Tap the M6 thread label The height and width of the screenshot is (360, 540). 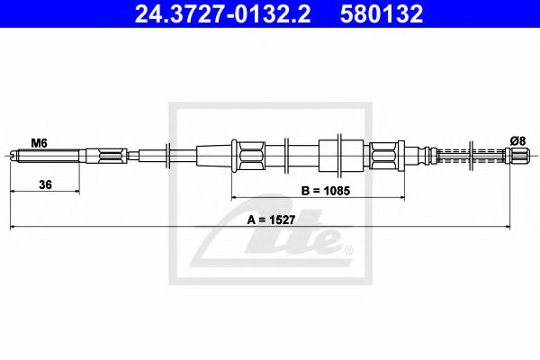pyautogui.click(x=40, y=141)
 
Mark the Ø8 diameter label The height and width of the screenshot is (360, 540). pyautogui.click(x=517, y=140)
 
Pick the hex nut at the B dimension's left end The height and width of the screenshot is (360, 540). pyautogui.click(x=247, y=155)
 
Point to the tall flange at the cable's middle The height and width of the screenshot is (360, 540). pyautogui.click(x=339, y=155)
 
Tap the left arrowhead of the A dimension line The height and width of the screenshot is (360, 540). pyautogui.click(x=13, y=227)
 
